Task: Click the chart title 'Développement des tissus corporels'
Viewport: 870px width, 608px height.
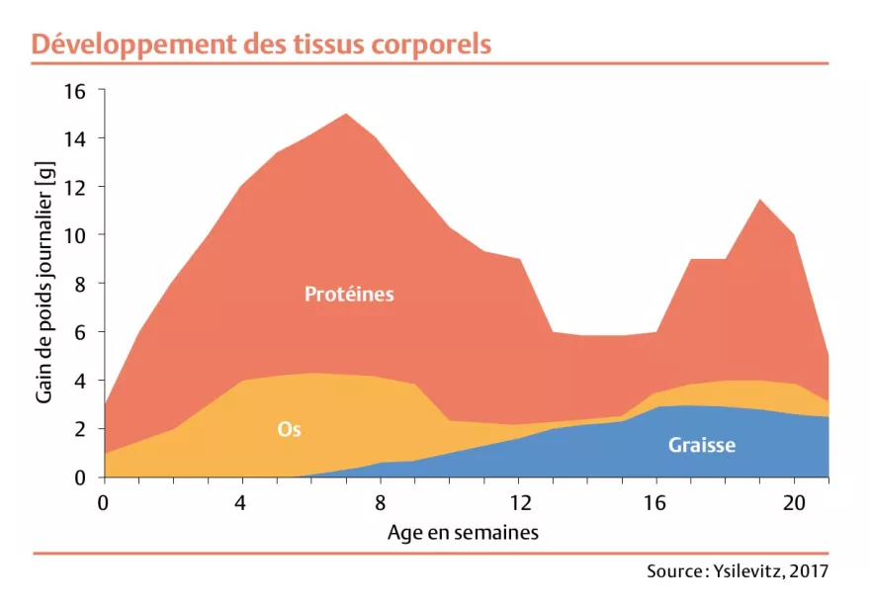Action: click(261, 44)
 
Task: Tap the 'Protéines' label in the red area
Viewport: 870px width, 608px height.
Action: click(349, 294)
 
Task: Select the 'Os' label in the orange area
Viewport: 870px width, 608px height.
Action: click(289, 429)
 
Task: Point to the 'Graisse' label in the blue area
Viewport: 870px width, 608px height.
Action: click(701, 445)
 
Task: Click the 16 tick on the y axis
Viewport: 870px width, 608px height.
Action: click(76, 91)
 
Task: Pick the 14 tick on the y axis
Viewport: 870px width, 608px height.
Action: click(76, 139)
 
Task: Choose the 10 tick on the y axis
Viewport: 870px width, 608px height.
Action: click(76, 236)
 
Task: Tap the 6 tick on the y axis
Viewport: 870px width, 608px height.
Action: click(81, 332)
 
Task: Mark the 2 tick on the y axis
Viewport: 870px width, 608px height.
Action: click(81, 429)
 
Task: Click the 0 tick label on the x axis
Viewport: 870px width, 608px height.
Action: click(103, 501)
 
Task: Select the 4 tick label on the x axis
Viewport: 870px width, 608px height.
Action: click(241, 501)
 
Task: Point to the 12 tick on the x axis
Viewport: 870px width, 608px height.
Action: click(517, 501)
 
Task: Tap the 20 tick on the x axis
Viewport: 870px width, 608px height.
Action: click(794, 501)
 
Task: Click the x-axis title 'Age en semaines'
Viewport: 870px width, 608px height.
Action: click(464, 533)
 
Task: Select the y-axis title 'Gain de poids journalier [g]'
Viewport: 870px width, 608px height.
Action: click(43, 285)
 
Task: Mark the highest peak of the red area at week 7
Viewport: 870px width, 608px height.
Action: click(345, 115)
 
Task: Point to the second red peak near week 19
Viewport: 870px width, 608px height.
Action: click(759, 201)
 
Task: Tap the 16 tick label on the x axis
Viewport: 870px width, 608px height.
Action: click(655, 501)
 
